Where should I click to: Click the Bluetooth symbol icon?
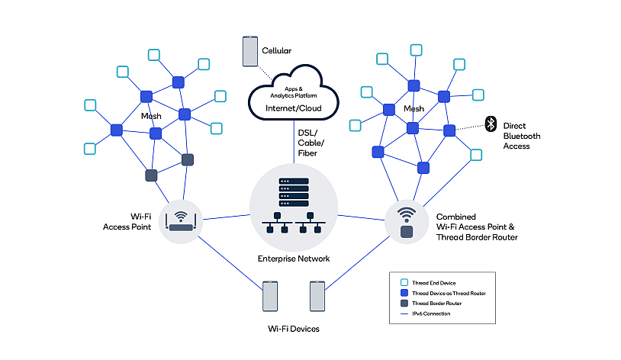(x=491, y=123)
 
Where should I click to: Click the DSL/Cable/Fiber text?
(x=310, y=143)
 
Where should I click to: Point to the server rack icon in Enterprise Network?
(x=294, y=194)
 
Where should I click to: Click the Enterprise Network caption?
(x=294, y=259)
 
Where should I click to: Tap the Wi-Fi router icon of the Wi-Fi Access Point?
(x=182, y=222)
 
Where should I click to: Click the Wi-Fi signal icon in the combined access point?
(x=407, y=214)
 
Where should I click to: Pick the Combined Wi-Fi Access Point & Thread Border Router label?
(x=477, y=227)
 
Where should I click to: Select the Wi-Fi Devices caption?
(x=293, y=329)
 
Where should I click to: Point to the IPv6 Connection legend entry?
(x=431, y=313)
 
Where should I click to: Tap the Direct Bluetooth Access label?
(x=522, y=136)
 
